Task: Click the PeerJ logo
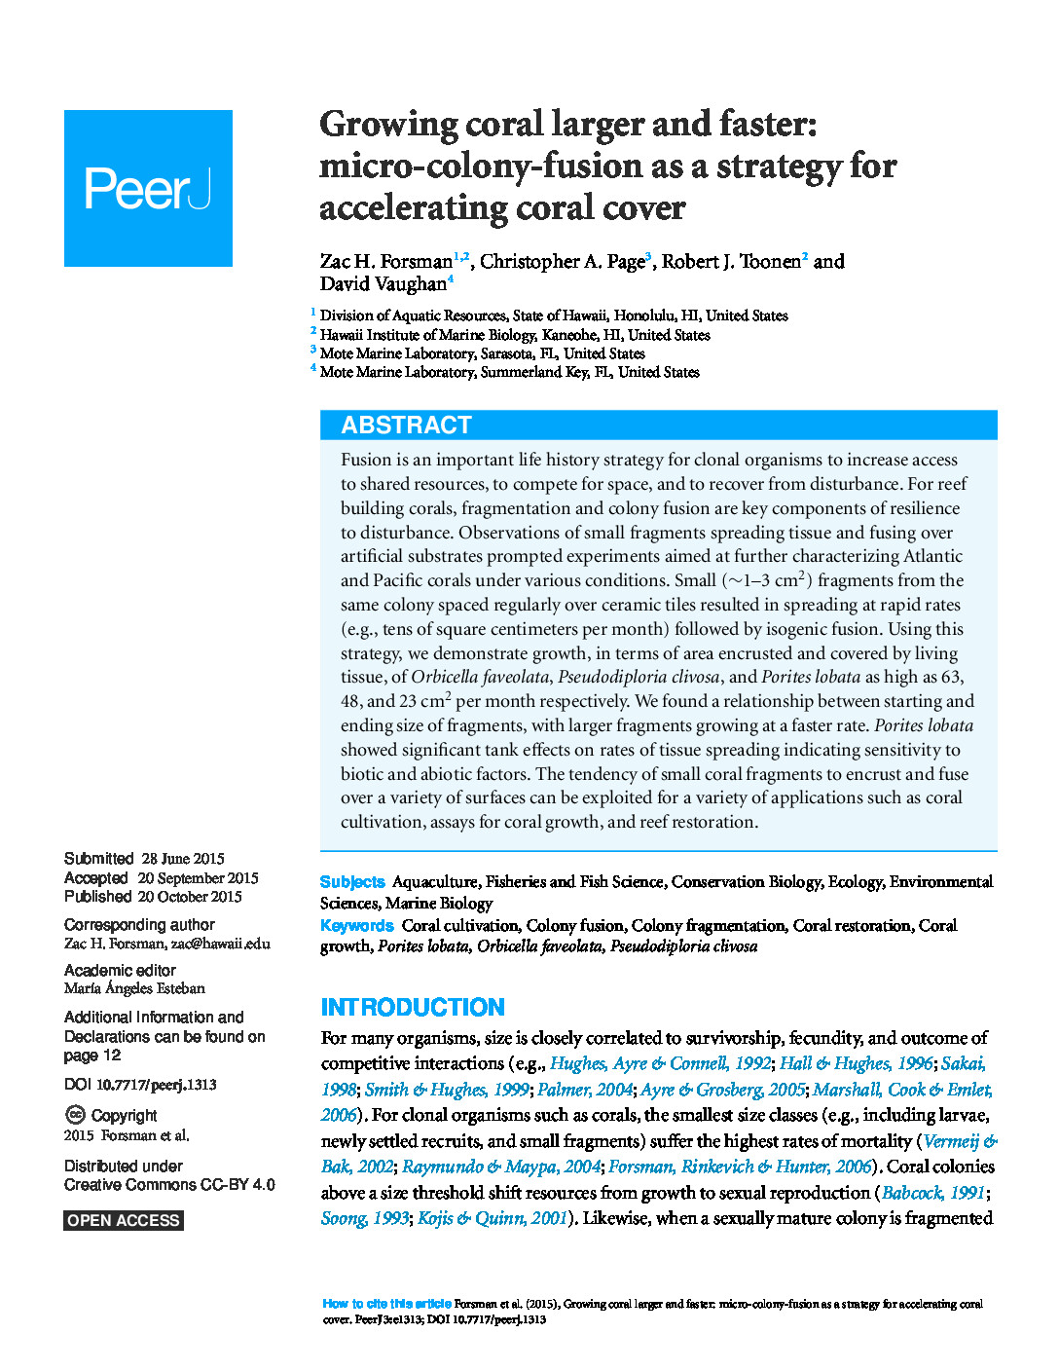148,188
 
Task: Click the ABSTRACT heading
406,425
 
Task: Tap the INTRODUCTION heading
413,1007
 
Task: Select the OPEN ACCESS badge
124,1220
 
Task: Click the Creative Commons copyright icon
75,1115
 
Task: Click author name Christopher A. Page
562,261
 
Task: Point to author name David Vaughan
383,284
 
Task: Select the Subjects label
352,882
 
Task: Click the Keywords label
357,926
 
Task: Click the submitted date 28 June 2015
183,859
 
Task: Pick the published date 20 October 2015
190,897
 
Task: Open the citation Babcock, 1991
932,1193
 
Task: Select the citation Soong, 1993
364,1218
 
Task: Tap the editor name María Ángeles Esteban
134,988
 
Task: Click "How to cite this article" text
386,1304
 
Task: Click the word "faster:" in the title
768,125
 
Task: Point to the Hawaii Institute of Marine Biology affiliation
515,335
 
